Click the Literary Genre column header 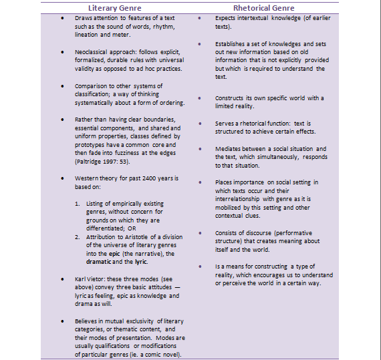122,7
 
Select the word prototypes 91,145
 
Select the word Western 88,178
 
